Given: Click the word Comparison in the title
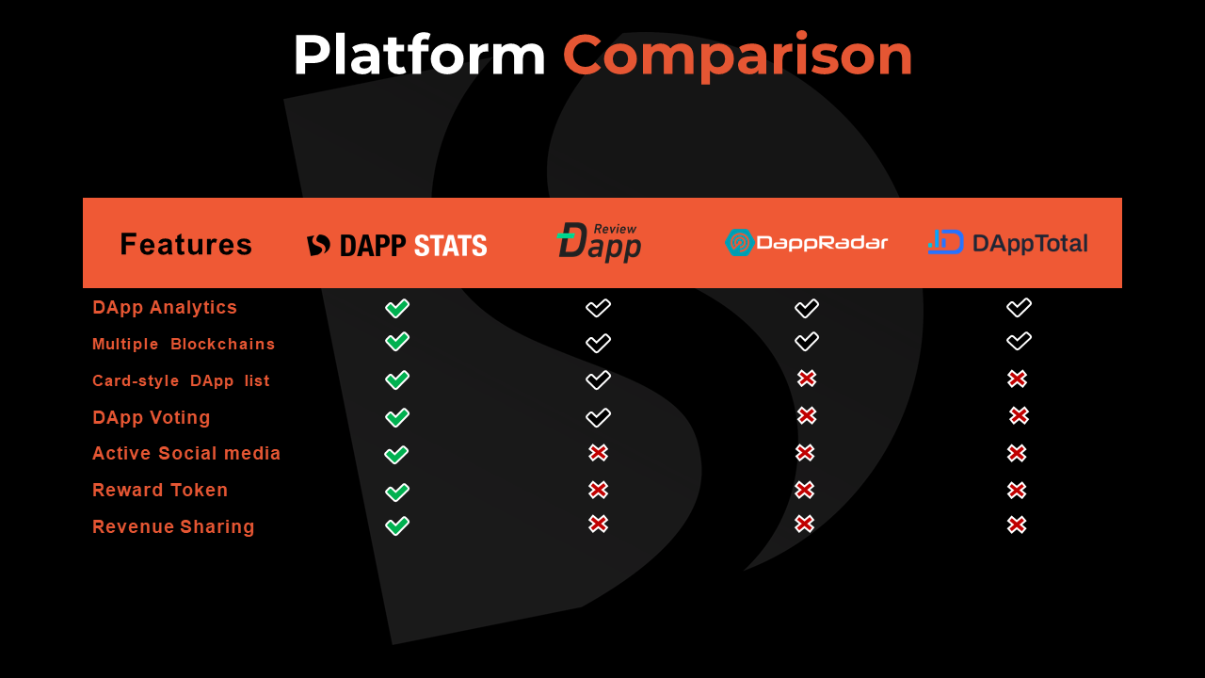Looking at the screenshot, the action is [737, 56].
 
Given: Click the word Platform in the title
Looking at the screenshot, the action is [420, 55].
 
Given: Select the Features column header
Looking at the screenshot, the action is [185, 244].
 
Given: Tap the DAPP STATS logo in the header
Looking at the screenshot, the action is [397, 246].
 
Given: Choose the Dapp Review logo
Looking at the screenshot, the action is [600, 242].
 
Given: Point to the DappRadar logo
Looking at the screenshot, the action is [806, 242].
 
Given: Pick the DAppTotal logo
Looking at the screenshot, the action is [1007, 243].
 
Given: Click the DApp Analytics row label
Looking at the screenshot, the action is [165, 307].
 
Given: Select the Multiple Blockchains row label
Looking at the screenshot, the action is [184, 344].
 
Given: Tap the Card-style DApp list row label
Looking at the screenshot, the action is [181, 380].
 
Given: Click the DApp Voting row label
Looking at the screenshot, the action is [152, 417].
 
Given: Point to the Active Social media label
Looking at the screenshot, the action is [186, 453].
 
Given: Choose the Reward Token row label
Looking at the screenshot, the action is [160, 490].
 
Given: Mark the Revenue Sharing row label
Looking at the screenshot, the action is [173, 526].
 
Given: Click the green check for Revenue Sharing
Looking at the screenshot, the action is [397, 525].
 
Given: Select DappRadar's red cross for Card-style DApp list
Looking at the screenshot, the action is [807, 379].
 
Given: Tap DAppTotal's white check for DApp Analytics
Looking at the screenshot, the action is [1019, 308].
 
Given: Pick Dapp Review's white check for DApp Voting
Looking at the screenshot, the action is [598, 417].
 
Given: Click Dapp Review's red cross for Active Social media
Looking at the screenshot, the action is [598, 453].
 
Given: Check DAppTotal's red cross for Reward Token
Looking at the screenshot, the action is [1017, 491].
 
